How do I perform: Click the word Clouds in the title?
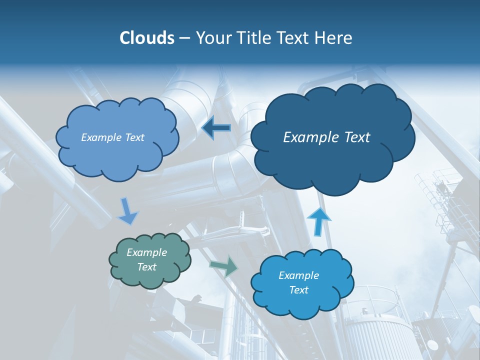146,38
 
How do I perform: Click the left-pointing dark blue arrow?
216,128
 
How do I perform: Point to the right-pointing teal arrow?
224,266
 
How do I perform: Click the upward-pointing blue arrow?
318,221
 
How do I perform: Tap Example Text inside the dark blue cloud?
326,137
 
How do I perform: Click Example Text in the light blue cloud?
112,137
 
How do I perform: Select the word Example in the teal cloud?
146,252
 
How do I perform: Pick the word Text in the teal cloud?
146,267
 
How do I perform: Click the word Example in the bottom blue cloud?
298,275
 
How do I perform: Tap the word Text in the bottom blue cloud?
298,290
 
